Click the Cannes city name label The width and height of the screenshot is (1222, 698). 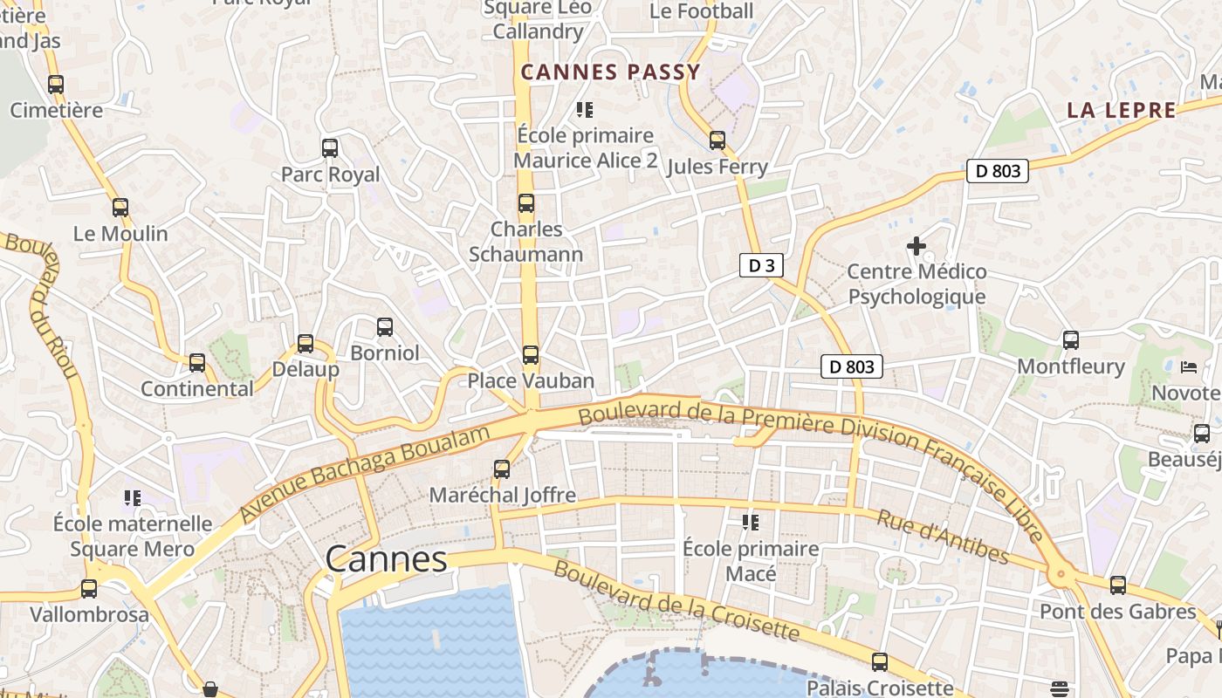coord(386,559)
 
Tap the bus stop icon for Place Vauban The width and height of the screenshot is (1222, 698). coord(530,355)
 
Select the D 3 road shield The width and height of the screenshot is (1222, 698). coord(761,266)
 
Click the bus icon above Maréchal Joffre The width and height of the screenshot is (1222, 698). coord(502,469)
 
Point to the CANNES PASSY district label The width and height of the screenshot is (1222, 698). coord(610,72)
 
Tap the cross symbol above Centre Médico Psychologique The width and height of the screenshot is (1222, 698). coord(916,246)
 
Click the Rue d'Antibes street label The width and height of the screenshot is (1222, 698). coord(943,537)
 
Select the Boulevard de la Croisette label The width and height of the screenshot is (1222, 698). coord(676,603)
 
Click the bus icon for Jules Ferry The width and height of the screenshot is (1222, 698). coord(717,140)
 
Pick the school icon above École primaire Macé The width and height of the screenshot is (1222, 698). coord(751,523)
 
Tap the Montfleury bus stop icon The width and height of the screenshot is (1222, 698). coord(1071,340)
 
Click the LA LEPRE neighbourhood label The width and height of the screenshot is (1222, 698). coord(1122,111)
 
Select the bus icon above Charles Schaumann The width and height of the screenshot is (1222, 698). coord(525,203)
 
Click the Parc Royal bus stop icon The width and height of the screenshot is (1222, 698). coord(330,148)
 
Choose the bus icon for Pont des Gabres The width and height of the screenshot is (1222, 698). coord(1118,585)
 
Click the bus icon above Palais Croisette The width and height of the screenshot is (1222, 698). coord(880,662)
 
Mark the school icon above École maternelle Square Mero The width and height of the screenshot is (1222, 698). coord(133,498)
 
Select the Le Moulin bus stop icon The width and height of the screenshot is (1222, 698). coord(120,208)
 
